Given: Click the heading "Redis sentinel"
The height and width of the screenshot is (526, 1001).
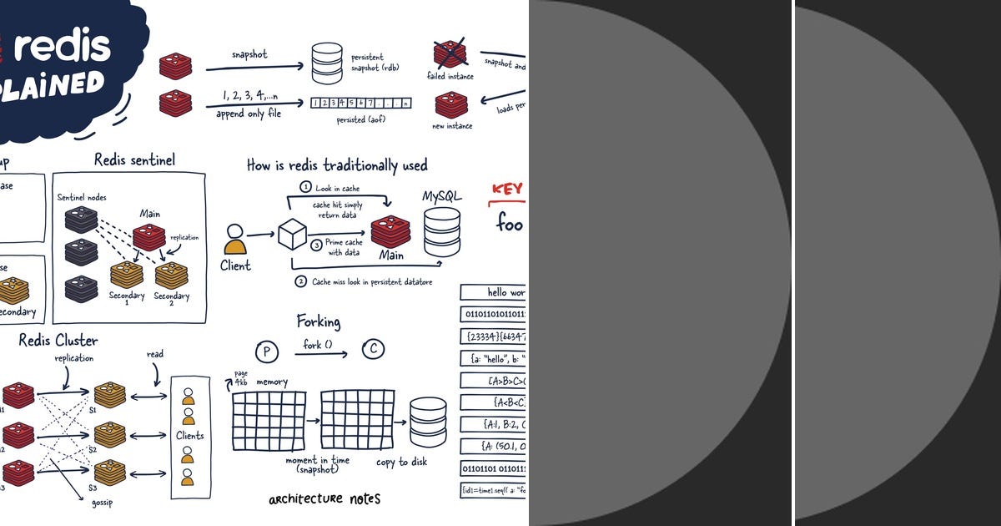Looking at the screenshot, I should point(134,159).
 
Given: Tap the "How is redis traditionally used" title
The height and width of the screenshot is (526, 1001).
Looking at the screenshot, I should point(337,164).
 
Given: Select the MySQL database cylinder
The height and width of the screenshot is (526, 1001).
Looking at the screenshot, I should point(441,231).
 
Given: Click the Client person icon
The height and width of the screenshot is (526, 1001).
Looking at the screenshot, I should point(235,239).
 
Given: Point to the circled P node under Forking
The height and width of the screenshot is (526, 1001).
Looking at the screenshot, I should point(266,352).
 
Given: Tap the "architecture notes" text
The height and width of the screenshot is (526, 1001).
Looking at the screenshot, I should point(324,498).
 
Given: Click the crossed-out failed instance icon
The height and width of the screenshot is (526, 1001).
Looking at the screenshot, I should point(450,54).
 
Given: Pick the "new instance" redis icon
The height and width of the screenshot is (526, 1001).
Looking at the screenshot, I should point(450,105).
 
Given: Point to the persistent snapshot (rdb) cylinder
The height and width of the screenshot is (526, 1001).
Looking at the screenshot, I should point(327,63).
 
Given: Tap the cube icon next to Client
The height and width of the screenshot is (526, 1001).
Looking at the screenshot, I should point(292,233).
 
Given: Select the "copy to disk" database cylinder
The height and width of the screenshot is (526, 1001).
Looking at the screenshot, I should point(427,422).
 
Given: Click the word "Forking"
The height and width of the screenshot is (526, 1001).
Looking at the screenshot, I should point(318,321).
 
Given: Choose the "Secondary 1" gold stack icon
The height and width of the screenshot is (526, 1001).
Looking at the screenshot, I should point(127,275).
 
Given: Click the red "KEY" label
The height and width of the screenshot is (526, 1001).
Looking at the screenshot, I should point(506,189).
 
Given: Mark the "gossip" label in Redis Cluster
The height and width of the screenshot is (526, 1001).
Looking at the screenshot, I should point(103,503).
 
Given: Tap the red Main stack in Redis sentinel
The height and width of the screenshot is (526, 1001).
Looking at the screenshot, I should point(149,236).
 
